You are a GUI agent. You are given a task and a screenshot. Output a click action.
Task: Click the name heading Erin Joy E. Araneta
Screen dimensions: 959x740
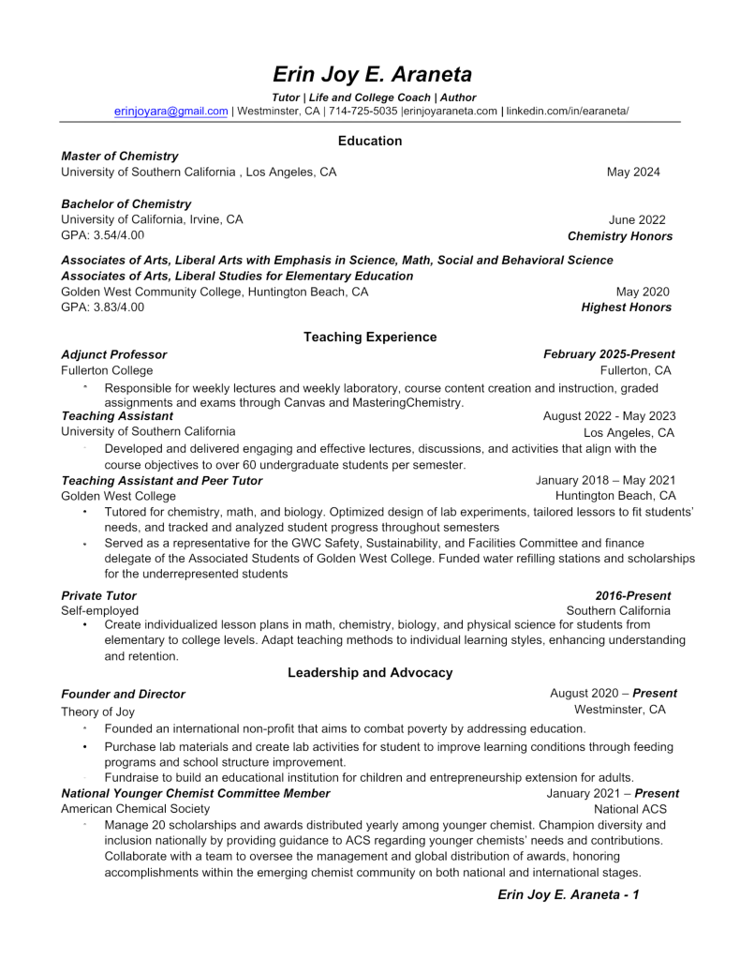click(x=372, y=74)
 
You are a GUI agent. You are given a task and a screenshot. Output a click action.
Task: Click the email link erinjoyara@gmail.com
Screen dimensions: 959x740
click(x=171, y=111)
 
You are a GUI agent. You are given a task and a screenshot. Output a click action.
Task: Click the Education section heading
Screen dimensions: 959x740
click(x=370, y=141)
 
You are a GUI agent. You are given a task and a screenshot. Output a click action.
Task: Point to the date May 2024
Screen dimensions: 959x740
click(x=633, y=172)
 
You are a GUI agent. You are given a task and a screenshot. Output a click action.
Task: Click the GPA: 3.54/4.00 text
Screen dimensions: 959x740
click(x=103, y=235)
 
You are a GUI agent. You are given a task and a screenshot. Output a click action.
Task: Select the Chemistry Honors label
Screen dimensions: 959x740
click(x=620, y=236)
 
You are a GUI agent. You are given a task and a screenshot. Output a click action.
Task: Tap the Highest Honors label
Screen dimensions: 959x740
click(x=627, y=307)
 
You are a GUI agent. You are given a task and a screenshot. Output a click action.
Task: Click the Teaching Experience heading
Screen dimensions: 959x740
click(x=370, y=337)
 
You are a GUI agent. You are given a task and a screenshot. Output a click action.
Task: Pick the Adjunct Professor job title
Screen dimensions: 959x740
click(x=114, y=354)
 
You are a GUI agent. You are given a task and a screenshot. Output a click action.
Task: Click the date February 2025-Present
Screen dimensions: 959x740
click(x=609, y=354)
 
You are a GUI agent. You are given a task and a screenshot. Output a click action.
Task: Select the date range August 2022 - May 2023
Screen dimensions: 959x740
click(x=610, y=415)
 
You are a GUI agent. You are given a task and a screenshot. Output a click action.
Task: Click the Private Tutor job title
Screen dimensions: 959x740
click(x=98, y=595)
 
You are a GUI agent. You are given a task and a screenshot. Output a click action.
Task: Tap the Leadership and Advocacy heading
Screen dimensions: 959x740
click(x=370, y=672)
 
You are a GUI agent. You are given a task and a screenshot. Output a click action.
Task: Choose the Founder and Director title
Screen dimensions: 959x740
click(x=123, y=694)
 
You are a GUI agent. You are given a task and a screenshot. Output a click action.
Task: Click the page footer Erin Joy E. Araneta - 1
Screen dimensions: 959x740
click(x=569, y=895)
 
